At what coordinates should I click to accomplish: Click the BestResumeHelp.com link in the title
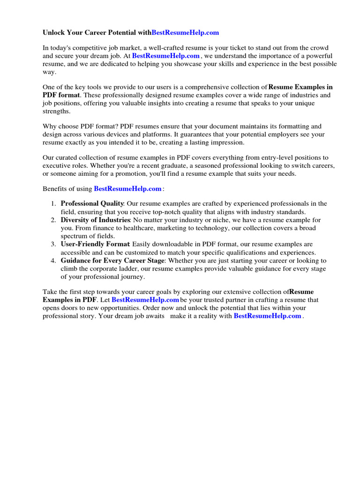tap(185, 33)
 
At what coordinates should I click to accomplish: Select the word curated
tap(68, 157)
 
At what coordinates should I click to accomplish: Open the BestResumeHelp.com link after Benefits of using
tap(128, 189)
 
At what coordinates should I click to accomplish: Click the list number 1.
tap(53, 204)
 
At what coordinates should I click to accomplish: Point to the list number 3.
tap(53, 244)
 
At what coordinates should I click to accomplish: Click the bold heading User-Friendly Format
tap(95, 244)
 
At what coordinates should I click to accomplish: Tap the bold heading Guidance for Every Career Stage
tap(112, 260)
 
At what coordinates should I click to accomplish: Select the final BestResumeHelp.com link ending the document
tap(267, 316)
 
